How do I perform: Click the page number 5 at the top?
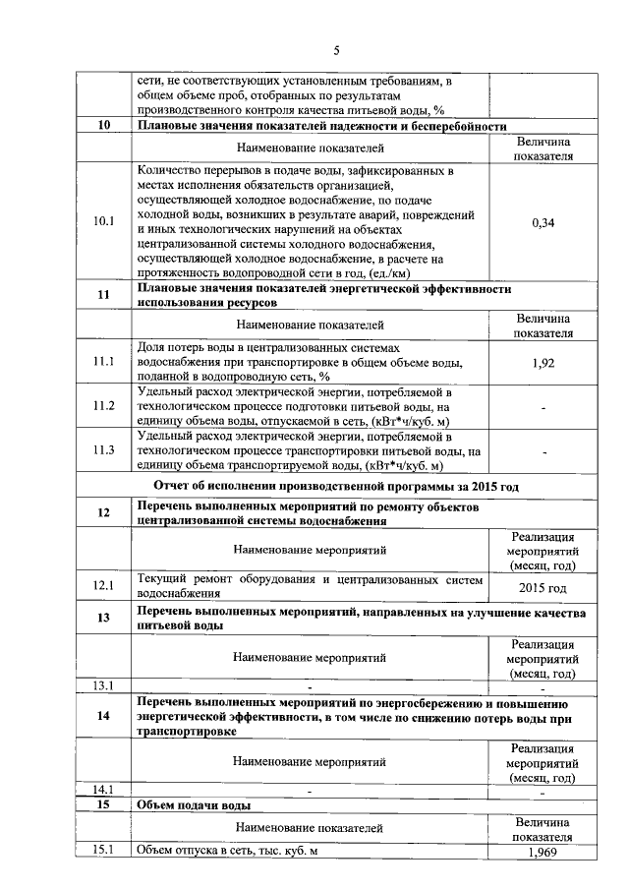(x=335, y=50)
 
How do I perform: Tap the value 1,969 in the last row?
(x=543, y=852)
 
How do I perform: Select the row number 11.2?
(x=104, y=405)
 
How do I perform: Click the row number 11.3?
(x=104, y=449)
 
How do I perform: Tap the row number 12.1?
(x=104, y=586)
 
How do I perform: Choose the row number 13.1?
(x=104, y=685)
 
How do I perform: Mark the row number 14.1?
(x=104, y=790)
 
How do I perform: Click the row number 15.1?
(x=104, y=852)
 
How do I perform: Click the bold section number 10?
(x=104, y=126)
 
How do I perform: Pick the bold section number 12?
(x=104, y=512)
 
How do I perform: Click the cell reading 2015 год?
(x=543, y=587)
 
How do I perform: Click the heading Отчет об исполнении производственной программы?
(x=336, y=486)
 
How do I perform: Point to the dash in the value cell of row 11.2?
(x=543, y=405)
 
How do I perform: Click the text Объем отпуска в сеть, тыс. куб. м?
(x=228, y=852)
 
